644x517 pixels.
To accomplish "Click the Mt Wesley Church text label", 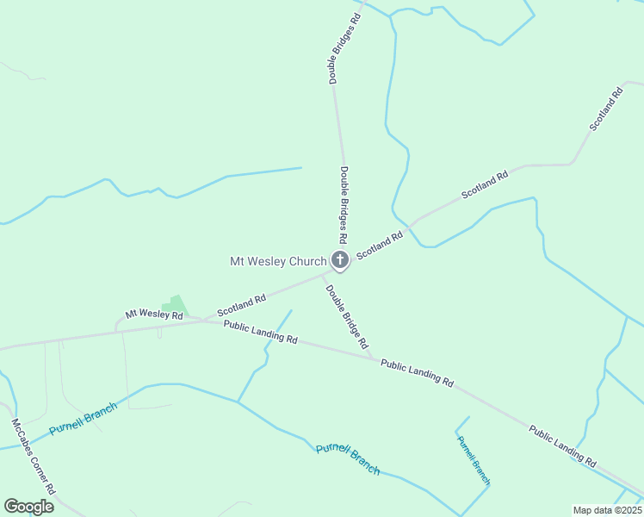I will [277, 261].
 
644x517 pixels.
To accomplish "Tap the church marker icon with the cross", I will [340, 261].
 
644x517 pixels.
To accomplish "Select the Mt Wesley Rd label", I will [154, 315].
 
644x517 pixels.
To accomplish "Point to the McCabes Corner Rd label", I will [34, 457].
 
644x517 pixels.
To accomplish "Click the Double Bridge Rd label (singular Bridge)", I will [347, 316].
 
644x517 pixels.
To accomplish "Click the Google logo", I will [28, 506].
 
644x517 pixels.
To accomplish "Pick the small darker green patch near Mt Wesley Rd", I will [176, 305].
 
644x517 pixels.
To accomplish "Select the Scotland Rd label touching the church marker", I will [380, 246].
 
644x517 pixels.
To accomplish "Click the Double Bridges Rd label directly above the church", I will [344, 204].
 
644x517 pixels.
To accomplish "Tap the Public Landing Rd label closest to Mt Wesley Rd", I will [260, 332].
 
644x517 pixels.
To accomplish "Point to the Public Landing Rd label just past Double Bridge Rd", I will [417, 372].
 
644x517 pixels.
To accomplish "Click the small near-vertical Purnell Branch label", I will [474, 460].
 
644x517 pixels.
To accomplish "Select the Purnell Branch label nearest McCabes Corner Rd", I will [83, 418].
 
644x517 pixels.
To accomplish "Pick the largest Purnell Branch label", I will [348, 458].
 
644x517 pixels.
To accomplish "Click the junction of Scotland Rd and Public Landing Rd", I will [204, 321].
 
